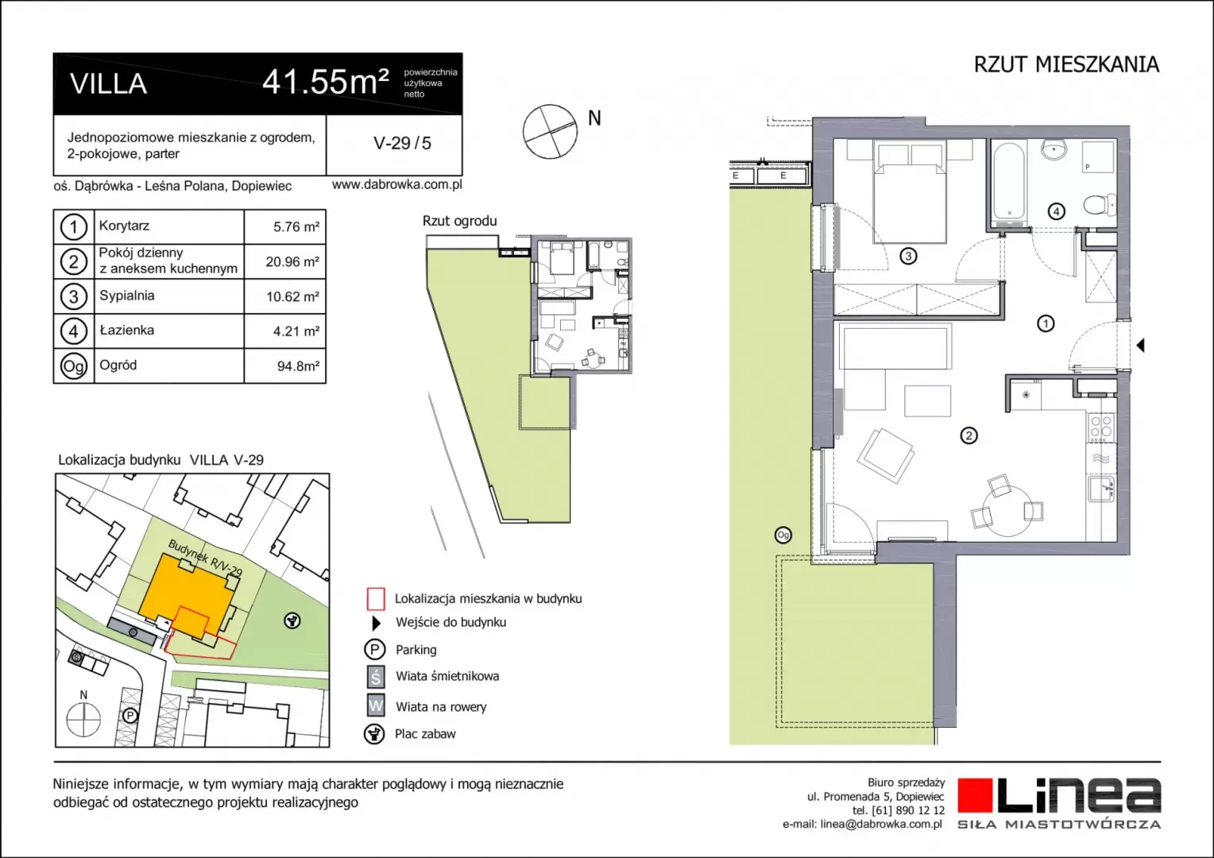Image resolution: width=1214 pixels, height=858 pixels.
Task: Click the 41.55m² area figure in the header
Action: [x=325, y=82]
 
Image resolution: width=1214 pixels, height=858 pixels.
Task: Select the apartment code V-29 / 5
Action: [x=402, y=143]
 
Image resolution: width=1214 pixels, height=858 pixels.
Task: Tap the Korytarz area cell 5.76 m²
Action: [x=296, y=226]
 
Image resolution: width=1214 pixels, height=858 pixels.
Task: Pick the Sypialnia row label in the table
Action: [x=127, y=296]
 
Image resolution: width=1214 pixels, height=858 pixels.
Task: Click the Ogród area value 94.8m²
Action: [x=298, y=366]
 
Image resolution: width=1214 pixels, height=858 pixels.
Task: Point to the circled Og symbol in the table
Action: [x=74, y=366]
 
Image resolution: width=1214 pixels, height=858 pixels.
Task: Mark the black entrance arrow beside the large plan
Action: [x=1140, y=345]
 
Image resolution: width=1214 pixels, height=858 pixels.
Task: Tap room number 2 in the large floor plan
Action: [x=968, y=435]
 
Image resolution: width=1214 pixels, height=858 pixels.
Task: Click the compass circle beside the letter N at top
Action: [x=550, y=132]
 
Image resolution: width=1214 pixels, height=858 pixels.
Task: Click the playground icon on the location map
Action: [x=292, y=620]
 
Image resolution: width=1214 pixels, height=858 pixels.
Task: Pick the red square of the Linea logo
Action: [x=974, y=796]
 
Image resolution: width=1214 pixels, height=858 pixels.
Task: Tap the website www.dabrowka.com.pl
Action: [x=396, y=184]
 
